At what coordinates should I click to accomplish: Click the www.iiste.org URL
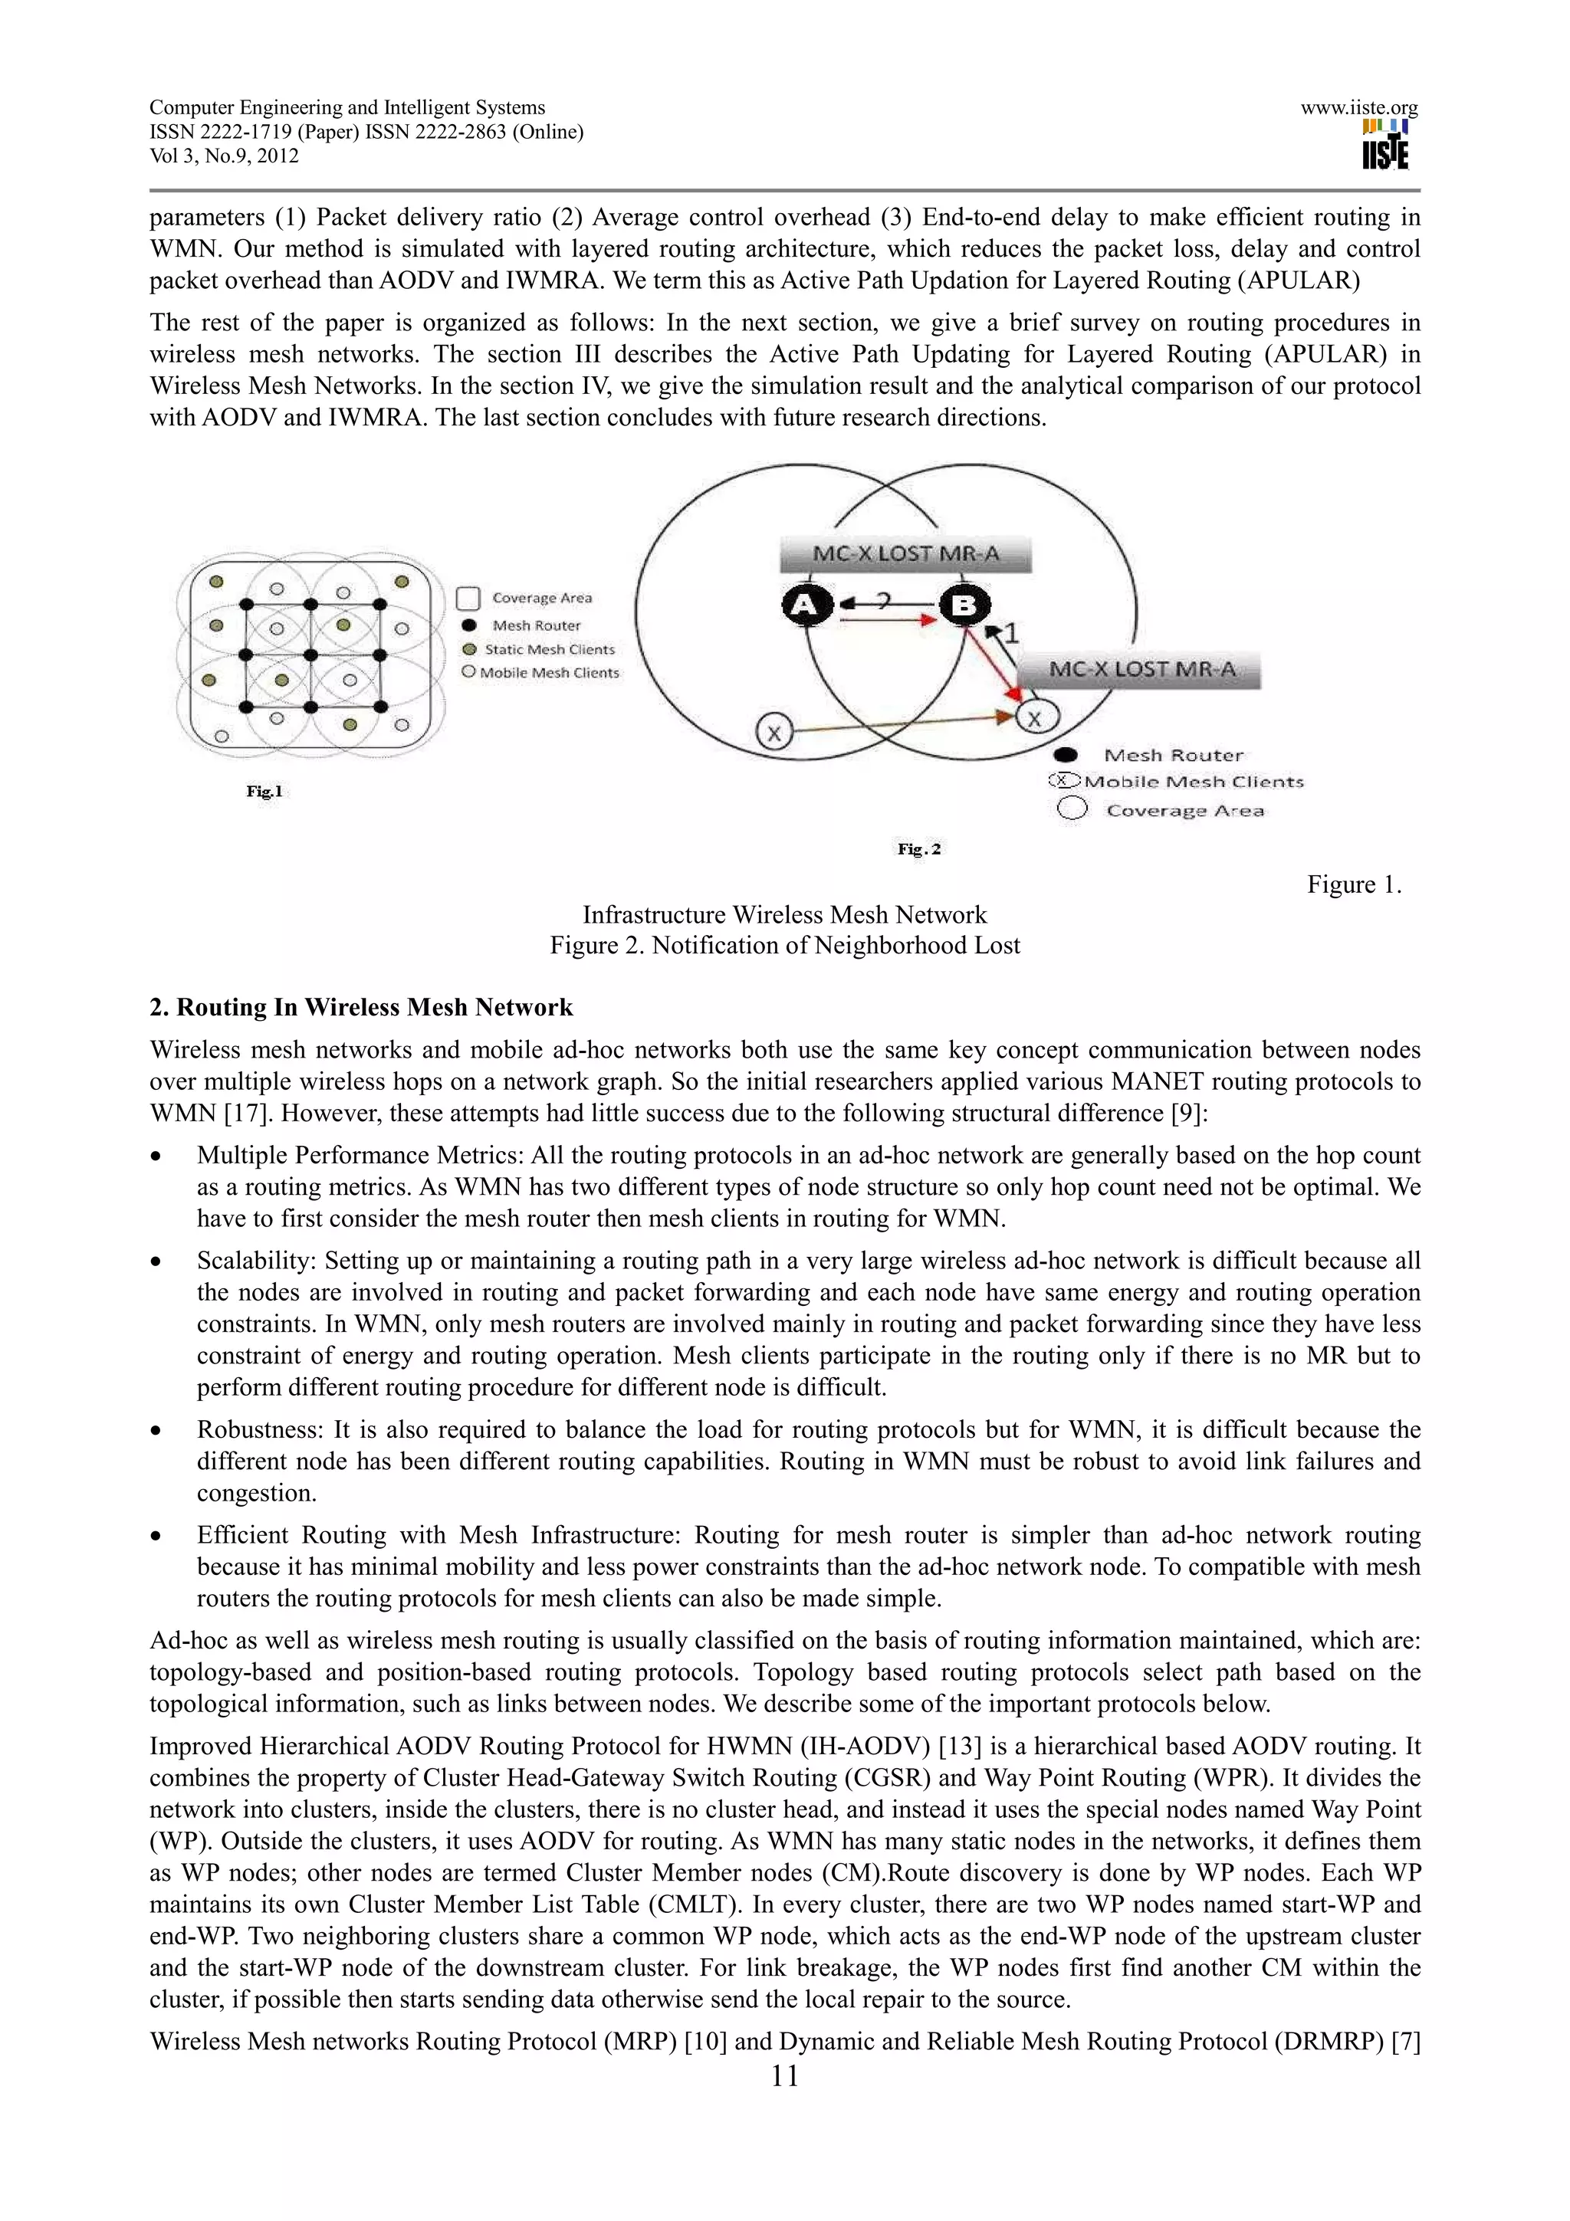click(1359, 108)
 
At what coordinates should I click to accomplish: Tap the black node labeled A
click(806, 605)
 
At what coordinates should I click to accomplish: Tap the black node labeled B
click(964, 605)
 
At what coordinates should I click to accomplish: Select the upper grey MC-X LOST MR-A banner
click(905, 554)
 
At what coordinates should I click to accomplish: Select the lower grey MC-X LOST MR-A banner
click(1141, 669)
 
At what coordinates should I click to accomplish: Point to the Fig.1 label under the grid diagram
click(264, 791)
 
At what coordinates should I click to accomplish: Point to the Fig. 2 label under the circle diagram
click(919, 849)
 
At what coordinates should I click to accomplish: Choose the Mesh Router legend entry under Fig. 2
click(1172, 756)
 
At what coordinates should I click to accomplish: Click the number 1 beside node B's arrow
click(1012, 634)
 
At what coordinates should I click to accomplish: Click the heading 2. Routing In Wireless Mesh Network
click(361, 1007)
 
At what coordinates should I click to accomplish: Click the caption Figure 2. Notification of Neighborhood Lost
click(784, 945)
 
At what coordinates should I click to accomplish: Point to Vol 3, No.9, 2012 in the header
click(225, 156)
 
